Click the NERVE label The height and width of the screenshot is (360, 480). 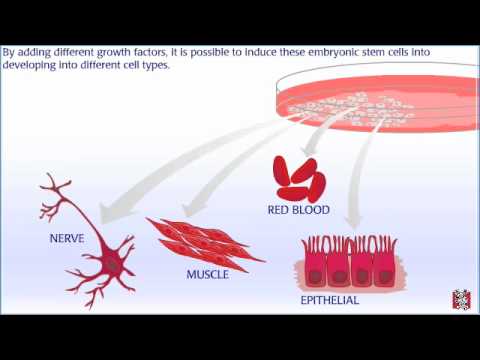click(68, 240)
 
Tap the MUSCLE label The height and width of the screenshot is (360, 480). click(207, 274)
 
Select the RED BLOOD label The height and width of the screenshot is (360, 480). click(298, 211)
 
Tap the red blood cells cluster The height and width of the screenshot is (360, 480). click(297, 178)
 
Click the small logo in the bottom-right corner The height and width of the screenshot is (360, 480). click(461, 299)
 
